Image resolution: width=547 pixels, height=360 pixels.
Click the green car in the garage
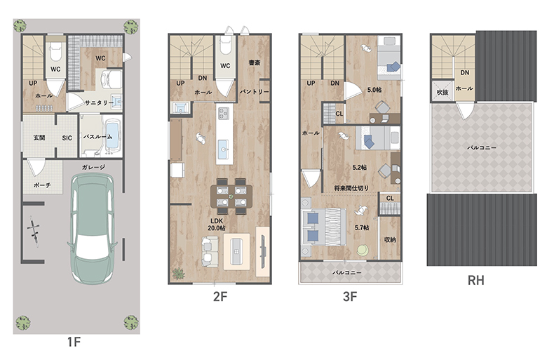(93, 228)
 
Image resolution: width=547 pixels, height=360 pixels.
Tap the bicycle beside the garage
(33, 232)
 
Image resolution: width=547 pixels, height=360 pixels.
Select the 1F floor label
(74, 342)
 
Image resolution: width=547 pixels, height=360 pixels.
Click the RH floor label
(475, 281)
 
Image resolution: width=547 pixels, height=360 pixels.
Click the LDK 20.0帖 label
(216, 224)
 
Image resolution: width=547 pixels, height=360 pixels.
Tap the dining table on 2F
(231, 196)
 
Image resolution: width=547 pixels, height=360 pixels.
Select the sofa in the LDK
(210, 252)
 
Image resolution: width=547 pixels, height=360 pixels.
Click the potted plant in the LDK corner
(178, 274)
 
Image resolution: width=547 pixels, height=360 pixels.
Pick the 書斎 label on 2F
(255, 63)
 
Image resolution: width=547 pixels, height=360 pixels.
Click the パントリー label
(255, 91)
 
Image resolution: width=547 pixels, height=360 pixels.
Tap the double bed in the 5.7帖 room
(323, 227)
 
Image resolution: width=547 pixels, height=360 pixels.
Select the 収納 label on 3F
(390, 239)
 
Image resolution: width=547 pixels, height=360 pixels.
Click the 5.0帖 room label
(374, 90)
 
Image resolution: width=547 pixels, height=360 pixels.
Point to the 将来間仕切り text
(351, 188)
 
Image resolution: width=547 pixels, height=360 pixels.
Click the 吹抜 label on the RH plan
(443, 92)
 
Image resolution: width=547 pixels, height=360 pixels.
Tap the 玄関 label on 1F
(39, 138)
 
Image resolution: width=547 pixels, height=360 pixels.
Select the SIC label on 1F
(67, 138)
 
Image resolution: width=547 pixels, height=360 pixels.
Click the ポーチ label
(42, 185)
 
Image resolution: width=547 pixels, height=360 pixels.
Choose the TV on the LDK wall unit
(263, 251)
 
